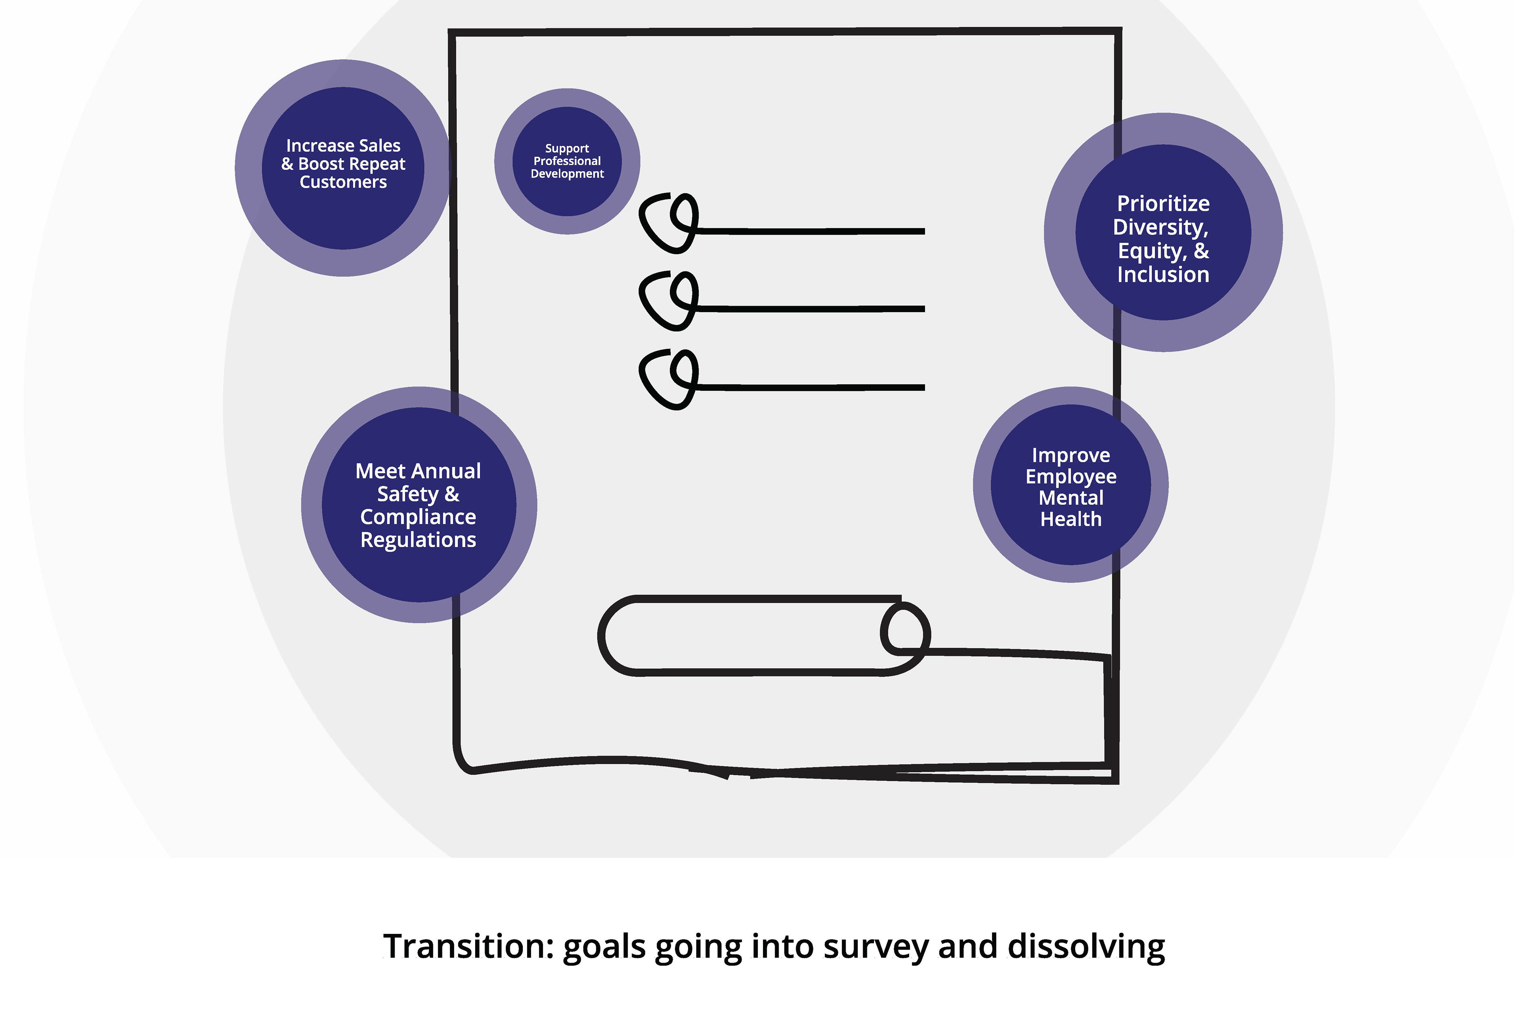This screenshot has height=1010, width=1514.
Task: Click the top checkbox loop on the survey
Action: pos(669,222)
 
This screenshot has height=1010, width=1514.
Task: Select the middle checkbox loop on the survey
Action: pos(669,300)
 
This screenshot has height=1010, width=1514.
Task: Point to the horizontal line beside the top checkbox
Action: pos(811,230)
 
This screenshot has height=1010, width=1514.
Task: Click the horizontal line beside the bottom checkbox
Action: pos(811,387)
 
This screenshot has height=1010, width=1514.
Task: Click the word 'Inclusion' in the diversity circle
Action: pos(1163,275)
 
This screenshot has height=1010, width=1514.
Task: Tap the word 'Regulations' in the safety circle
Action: pos(418,540)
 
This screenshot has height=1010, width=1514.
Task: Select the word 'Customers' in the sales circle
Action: pos(343,182)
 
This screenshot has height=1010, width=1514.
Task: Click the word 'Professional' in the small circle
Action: pos(567,161)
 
